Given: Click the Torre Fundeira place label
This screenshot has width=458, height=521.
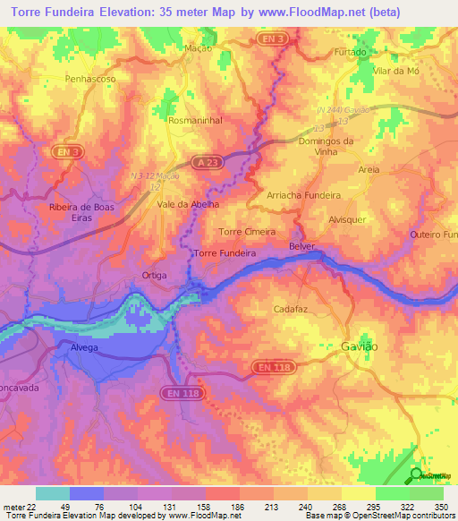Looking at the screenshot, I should [x=225, y=253].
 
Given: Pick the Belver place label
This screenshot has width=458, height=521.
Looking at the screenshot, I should [x=303, y=244].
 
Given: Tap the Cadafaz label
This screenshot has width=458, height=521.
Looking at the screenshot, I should [x=291, y=308].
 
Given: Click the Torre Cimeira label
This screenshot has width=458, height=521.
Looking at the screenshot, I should [x=247, y=231].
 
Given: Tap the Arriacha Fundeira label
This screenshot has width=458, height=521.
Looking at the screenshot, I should [x=304, y=195].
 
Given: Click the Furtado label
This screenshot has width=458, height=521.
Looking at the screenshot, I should [x=351, y=53].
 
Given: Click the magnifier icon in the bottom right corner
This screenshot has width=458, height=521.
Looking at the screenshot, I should [x=416, y=474].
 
